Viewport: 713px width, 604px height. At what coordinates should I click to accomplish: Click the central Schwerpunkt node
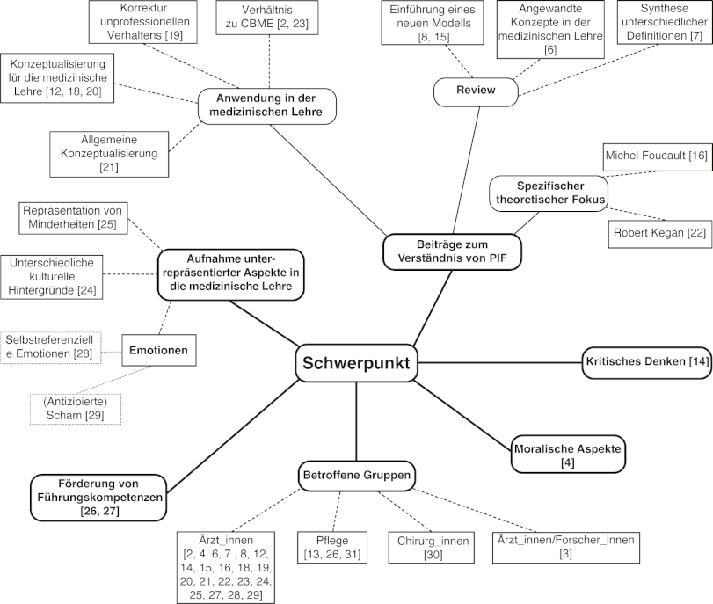tap(355, 362)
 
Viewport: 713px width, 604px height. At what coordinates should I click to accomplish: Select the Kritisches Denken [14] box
tap(646, 361)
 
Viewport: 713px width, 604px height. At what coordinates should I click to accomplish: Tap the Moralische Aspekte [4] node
tap(568, 455)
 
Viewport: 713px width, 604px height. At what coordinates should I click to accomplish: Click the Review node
tap(477, 90)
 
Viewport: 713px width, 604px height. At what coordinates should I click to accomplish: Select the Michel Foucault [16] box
tap(655, 156)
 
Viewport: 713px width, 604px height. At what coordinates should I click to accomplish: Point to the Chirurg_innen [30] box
tap(430, 547)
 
